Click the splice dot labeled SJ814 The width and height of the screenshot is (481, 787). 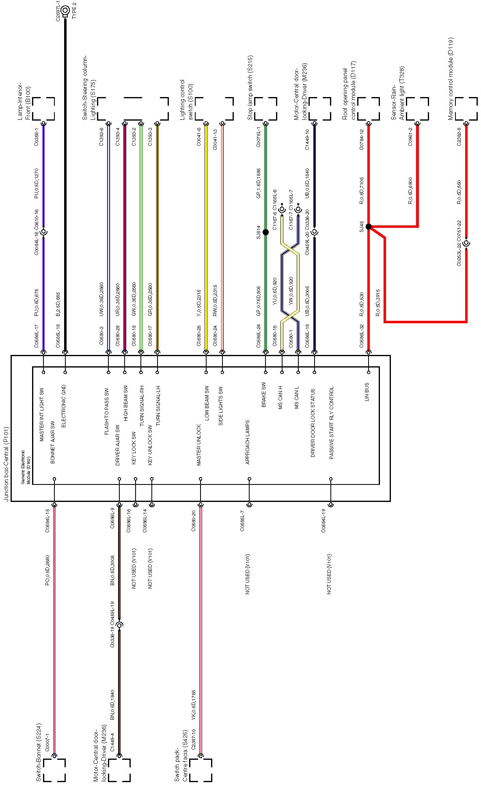click(265, 232)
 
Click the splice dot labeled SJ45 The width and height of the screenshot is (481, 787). click(369, 227)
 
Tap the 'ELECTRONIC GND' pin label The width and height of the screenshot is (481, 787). click(63, 406)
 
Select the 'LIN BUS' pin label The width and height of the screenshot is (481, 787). click(367, 391)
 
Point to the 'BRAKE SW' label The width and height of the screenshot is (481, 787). click(264, 394)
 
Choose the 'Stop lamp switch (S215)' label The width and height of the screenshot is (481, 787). click(250, 87)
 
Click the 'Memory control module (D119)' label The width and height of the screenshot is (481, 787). click(451, 79)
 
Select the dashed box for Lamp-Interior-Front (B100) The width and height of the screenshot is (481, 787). click(43, 108)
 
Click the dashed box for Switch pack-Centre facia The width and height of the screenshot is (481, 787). click(201, 770)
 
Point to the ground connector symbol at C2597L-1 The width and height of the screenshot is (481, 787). click(65, 9)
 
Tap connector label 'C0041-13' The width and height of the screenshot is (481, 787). click(215, 139)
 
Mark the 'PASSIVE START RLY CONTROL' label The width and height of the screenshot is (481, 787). click(332, 423)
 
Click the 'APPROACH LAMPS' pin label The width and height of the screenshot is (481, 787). click(248, 442)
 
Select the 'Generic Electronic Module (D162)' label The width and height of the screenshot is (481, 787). click(26, 467)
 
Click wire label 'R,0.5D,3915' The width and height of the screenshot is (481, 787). click(377, 303)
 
